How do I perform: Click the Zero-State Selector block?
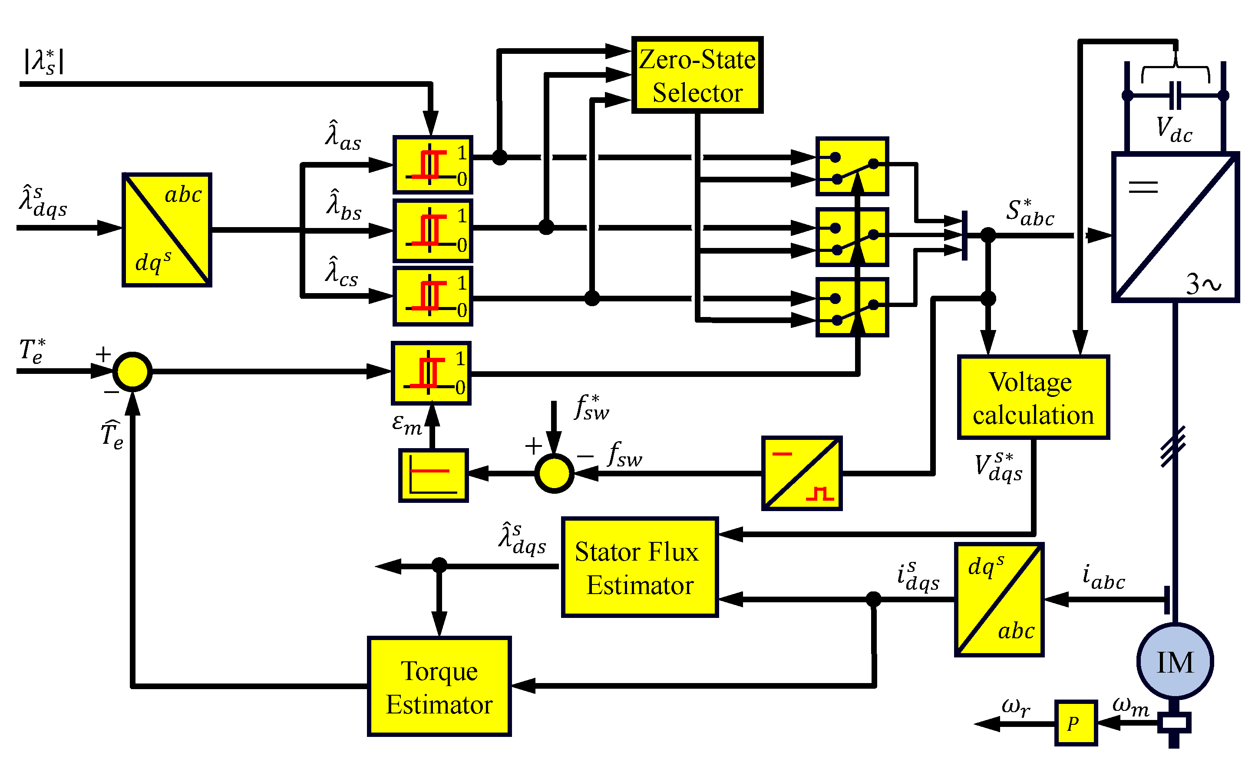697,75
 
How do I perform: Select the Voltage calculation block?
1033,397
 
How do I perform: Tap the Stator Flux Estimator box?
640,568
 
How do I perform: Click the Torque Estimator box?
439,687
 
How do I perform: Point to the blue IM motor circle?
1175,662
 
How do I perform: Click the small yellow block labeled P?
1075,723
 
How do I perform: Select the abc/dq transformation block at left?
167,230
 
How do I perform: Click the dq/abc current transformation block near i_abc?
999,599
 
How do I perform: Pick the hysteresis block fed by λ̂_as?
433,165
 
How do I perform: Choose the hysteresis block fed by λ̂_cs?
433,296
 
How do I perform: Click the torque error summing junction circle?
132,372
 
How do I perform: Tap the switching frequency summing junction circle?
554,473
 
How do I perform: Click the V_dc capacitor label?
1173,130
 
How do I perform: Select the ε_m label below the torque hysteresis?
406,424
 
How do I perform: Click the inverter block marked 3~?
1175,227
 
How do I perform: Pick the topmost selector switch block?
852,166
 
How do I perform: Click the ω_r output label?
1015,707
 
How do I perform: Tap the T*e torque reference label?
32,351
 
